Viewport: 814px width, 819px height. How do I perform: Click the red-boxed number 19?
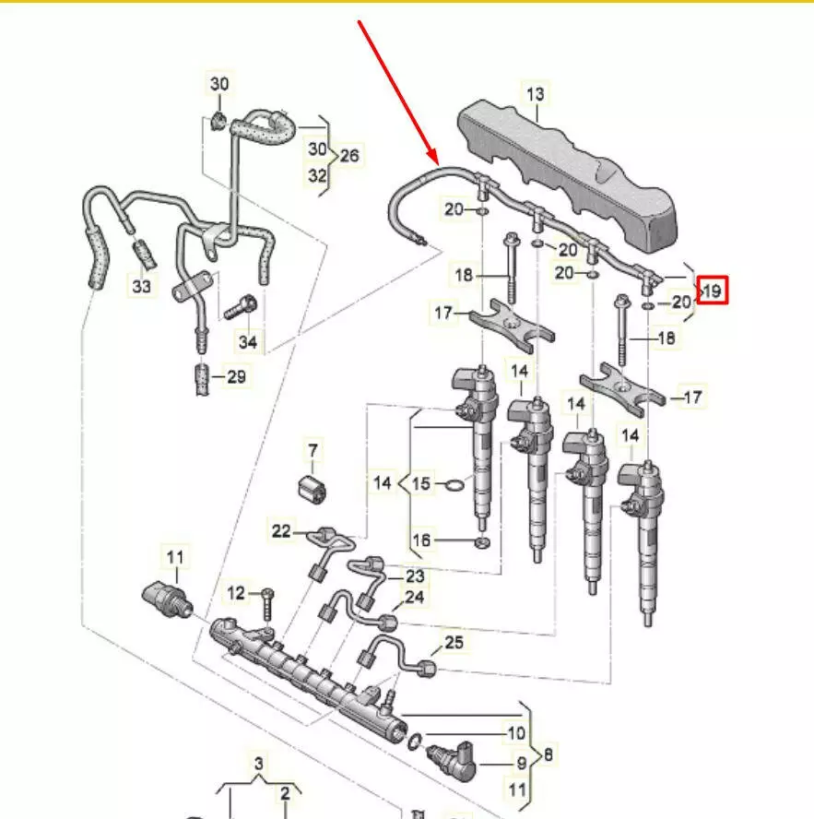pos(714,292)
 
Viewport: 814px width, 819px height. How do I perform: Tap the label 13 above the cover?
pos(536,93)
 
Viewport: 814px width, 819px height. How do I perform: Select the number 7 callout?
pos(312,451)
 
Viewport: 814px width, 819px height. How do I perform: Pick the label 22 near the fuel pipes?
pos(281,530)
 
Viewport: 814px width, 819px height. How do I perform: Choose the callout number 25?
pos(454,643)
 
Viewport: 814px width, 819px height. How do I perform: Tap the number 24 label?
pos(415,598)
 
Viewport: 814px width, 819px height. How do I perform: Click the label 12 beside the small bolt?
pos(237,591)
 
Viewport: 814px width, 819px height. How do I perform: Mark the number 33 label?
pos(141,287)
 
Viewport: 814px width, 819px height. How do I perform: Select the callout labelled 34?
pos(248,343)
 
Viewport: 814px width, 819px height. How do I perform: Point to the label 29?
pos(237,376)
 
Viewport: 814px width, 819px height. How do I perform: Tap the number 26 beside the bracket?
pos(348,155)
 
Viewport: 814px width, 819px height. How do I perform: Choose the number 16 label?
pos(420,540)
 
